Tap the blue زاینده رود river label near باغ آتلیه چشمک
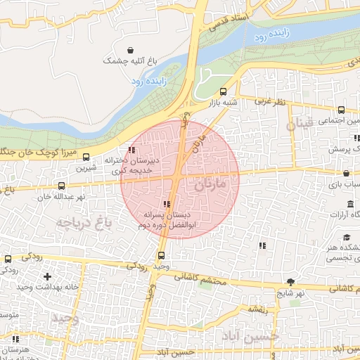tap(148, 82)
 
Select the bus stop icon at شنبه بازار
tap(223, 91)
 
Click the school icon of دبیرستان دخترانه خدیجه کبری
tap(132, 149)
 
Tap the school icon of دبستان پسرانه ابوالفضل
tap(166, 204)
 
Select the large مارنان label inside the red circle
tap(209, 186)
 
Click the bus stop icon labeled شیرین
tap(86, 157)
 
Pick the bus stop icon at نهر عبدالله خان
tap(62, 186)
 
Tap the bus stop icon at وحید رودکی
tap(162, 255)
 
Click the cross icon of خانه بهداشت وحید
tap(47, 277)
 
